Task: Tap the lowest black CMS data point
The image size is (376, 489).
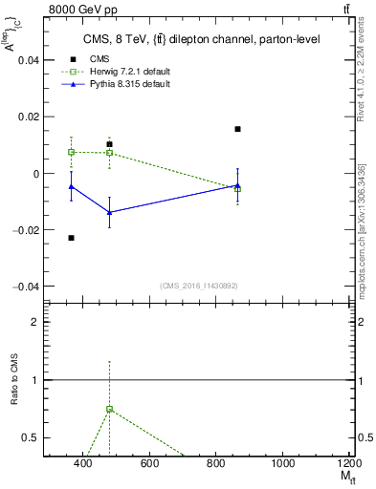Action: click(72, 238)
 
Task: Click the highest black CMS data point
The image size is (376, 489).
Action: click(237, 129)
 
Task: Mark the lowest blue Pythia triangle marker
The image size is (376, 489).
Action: click(110, 212)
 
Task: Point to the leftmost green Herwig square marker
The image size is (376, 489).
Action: click(72, 152)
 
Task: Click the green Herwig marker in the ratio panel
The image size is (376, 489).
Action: click(110, 409)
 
